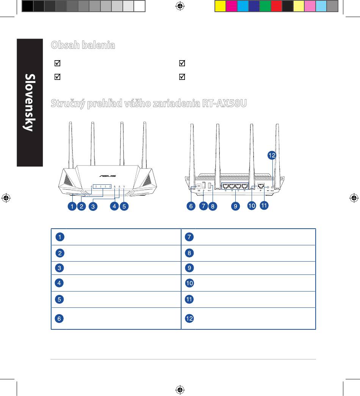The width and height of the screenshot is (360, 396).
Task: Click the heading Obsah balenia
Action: click(x=83, y=45)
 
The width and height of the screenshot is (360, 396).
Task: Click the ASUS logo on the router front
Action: click(x=107, y=176)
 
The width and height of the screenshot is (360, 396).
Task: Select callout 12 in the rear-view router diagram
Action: click(x=272, y=155)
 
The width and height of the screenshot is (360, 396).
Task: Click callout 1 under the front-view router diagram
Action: click(x=71, y=206)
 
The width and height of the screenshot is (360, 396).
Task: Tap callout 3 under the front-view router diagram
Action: click(x=92, y=206)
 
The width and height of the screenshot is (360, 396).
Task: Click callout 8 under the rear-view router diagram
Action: click(x=213, y=206)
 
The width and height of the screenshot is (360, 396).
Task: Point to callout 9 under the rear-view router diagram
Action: click(x=236, y=206)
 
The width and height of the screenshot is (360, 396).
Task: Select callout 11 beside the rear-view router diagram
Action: click(x=264, y=205)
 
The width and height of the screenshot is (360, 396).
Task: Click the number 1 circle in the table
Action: click(x=59, y=237)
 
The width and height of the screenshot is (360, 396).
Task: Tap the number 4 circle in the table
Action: click(x=59, y=283)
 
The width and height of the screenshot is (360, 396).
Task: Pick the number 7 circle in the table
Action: click(x=189, y=237)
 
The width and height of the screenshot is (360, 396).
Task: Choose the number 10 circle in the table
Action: click(x=189, y=283)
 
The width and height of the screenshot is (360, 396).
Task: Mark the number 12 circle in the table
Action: click(x=189, y=318)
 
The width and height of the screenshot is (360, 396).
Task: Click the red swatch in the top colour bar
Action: click(x=276, y=6)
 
